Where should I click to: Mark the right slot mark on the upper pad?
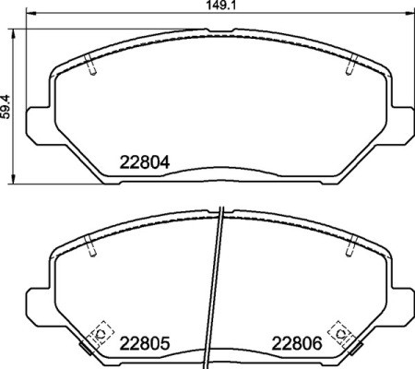pos(350,67)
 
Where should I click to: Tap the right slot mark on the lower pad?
pos(350,247)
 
